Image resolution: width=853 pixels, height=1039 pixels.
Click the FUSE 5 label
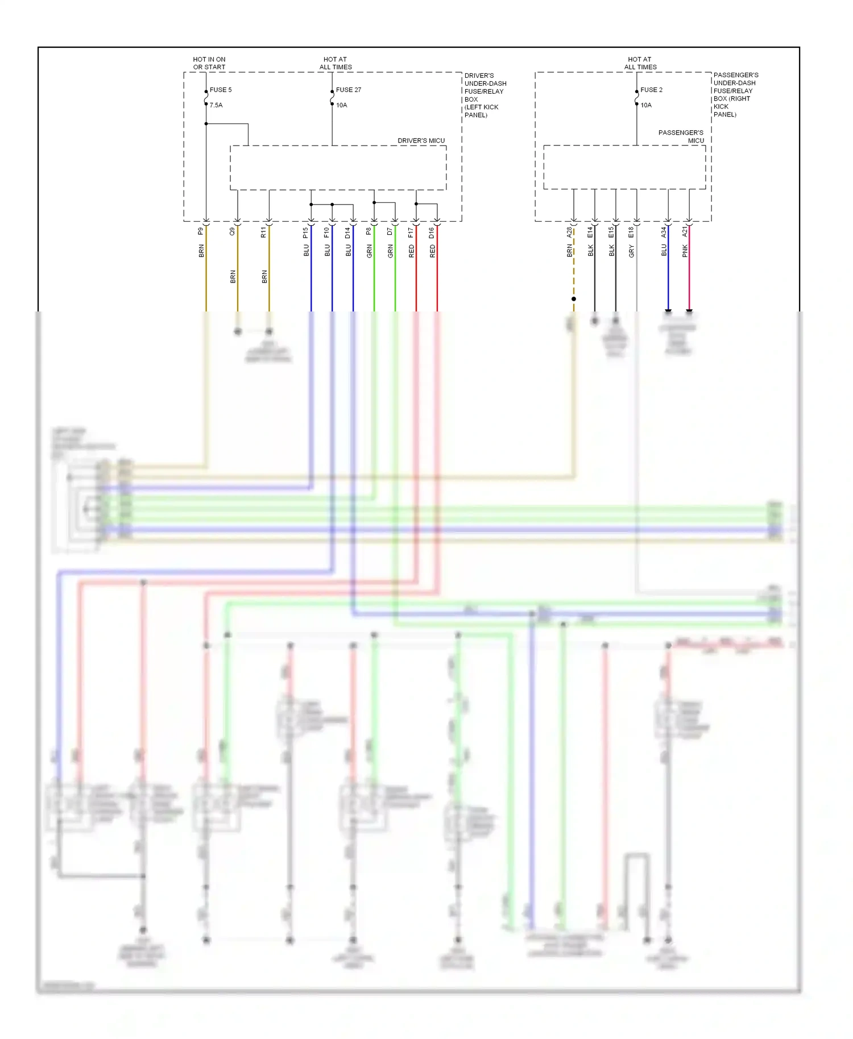coord(221,90)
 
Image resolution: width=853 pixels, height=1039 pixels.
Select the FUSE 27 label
coord(348,90)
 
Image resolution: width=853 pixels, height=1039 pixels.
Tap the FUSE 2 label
coord(651,90)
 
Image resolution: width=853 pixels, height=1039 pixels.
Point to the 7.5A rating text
coord(216,105)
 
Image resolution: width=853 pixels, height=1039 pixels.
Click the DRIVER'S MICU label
coord(421,140)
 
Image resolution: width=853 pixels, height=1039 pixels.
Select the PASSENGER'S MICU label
coord(681,136)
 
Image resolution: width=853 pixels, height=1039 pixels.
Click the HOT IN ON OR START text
coord(209,63)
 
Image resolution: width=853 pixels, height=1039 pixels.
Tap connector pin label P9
coord(201,231)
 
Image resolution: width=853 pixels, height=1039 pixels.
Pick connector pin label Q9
coord(233,231)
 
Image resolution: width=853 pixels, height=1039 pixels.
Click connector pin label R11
coord(264,232)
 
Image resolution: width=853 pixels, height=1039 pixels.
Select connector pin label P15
coord(306,232)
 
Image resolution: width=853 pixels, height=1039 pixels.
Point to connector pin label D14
coord(348,232)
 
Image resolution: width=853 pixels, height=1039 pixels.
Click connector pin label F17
coord(411,232)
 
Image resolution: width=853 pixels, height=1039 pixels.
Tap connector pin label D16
coord(432,232)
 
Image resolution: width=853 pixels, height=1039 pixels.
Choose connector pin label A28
coord(569,232)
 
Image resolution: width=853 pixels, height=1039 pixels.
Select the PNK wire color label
coord(685,251)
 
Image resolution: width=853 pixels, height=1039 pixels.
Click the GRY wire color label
coord(632,251)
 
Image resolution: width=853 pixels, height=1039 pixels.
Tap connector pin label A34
coord(664,232)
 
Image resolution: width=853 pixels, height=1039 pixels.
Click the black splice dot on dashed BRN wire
coord(574,299)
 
